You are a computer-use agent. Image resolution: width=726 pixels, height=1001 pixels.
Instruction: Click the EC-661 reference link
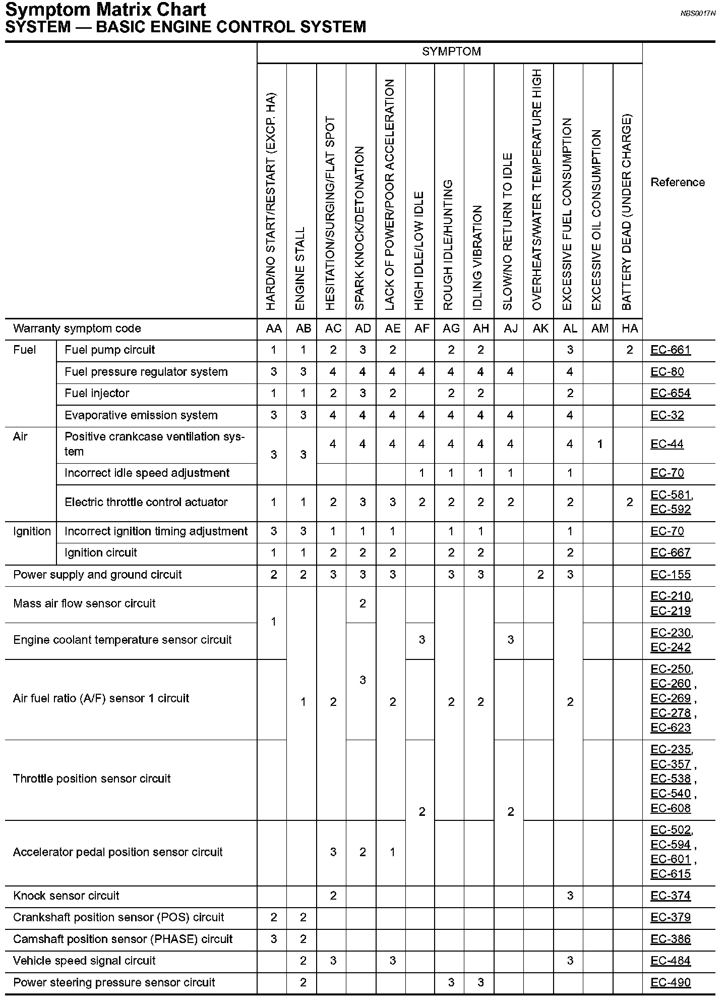(x=671, y=350)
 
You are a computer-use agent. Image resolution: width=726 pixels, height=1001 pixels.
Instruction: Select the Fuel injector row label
(x=97, y=394)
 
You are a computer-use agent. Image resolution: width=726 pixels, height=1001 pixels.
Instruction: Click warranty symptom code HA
(x=630, y=329)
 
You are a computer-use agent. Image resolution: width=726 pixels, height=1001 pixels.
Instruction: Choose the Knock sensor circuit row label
(x=66, y=896)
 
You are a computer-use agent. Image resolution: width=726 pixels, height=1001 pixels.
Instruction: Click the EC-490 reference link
(x=671, y=983)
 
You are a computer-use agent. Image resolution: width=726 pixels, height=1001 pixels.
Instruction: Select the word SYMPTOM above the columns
(x=451, y=51)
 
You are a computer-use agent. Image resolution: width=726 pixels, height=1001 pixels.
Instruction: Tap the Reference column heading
(x=678, y=183)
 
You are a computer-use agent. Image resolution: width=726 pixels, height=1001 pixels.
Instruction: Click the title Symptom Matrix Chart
(x=105, y=10)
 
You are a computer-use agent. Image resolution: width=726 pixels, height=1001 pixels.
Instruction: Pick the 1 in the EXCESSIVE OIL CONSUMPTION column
(x=600, y=444)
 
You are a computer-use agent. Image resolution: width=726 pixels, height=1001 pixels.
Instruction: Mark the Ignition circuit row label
(x=101, y=553)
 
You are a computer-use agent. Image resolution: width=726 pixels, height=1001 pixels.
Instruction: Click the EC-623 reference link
(x=671, y=728)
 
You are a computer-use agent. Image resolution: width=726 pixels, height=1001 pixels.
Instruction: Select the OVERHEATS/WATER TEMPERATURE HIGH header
(x=537, y=190)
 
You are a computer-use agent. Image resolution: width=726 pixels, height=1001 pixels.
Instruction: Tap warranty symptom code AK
(x=540, y=329)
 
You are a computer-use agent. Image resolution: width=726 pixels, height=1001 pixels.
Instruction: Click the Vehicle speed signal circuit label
(x=84, y=961)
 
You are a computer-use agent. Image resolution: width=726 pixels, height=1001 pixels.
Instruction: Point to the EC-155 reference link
(x=671, y=575)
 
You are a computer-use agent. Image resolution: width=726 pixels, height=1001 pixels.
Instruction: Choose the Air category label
(x=20, y=437)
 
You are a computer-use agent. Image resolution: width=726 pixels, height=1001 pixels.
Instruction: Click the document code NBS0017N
(x=698, y=14)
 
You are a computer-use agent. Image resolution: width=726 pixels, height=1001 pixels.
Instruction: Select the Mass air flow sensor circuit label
(x=84, y=604)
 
